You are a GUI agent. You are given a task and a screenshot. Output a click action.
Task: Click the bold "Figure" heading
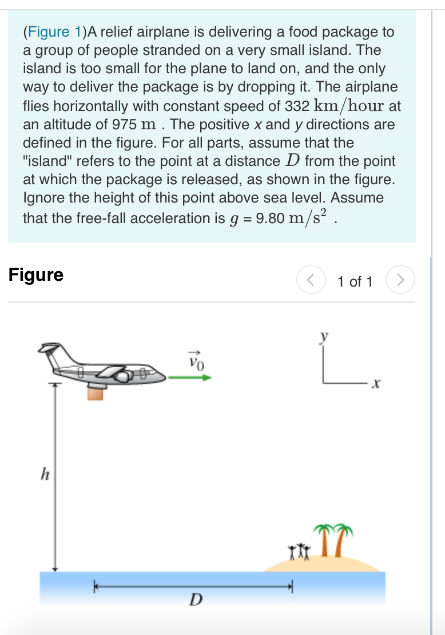(x=36, y=275)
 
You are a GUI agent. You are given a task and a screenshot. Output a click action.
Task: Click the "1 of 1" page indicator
(x=355, y=281)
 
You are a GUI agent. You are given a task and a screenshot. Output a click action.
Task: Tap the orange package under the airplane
(x=96, y=393)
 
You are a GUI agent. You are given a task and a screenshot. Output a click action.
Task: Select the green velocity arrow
(x=191, y=378)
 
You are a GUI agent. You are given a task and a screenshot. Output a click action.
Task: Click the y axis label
(x=324, y=339)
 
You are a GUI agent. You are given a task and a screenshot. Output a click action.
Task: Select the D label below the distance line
(x=196, y=600)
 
